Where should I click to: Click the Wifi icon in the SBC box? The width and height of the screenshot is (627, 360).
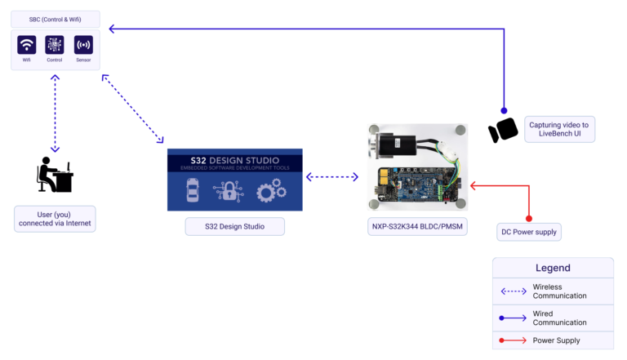[26, 45]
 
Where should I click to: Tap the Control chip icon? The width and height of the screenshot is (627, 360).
[55, 45]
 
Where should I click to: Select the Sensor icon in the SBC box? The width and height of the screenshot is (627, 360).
[83, 45]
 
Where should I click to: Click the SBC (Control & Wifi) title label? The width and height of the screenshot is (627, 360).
[55, 18]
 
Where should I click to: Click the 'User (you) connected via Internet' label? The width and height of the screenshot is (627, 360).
[55, 217]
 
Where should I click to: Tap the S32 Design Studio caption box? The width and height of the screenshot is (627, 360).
[234, 226]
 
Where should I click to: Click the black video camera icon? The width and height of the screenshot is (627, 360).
[503, 130]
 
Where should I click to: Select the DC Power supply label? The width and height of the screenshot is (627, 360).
[529, 233]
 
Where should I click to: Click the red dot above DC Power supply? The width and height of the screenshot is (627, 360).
[529, 218]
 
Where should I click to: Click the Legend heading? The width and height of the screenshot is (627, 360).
[553, 268]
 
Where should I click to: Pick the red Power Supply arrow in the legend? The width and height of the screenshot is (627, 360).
[513, 340]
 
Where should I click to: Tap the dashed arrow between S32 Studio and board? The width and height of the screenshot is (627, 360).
[332, 176]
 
